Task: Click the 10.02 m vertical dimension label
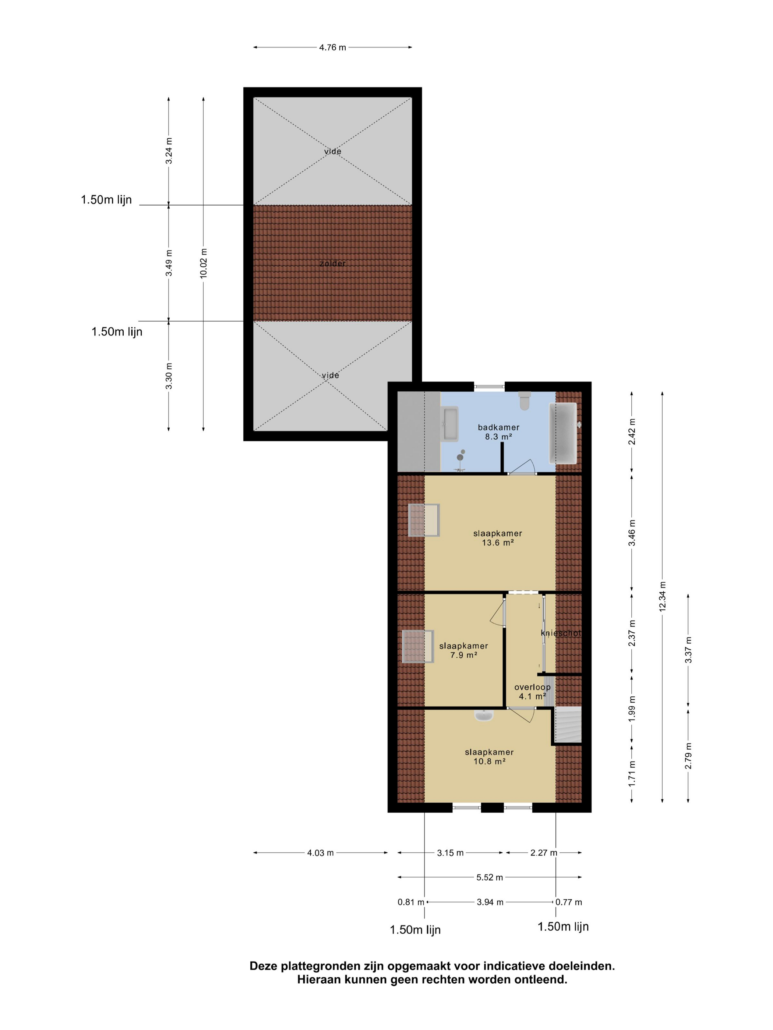(x=204, y=263)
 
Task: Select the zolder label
(x=333, y=263)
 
